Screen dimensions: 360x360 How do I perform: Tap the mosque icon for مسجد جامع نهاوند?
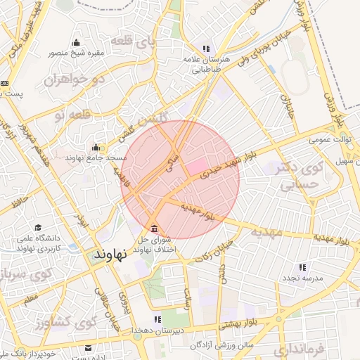96,147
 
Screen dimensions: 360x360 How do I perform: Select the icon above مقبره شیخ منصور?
76,42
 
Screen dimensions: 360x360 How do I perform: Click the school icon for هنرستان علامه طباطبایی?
206,49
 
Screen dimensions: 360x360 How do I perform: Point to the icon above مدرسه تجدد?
302,267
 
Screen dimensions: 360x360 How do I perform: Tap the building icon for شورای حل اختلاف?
155,229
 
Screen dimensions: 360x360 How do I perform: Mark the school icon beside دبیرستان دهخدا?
157,320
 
